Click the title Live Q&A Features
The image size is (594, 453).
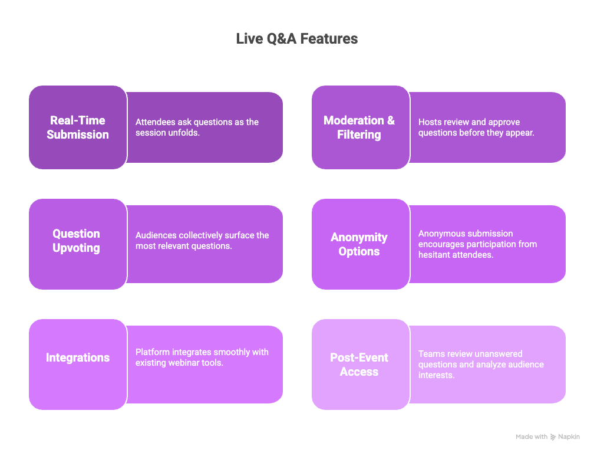pyautogui.click(x=296, y=39)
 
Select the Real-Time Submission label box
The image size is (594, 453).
pyautogui.click(x=78, y=127)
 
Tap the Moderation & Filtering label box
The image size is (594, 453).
pyautogui.click(x=359, y=127)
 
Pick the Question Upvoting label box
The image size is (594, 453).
pyautogui.click(x=77, y=241)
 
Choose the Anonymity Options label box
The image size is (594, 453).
pyautogui.click(x=359, y=244)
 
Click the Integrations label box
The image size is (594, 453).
pyautogui.click(x=78, y=357)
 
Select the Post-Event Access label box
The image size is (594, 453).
pyautogui.click(x=359, y=365)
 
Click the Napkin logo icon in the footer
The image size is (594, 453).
pyautogui.click(x=553, y=437)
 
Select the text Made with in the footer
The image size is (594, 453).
pyautogui.click(x=532, y=437)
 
